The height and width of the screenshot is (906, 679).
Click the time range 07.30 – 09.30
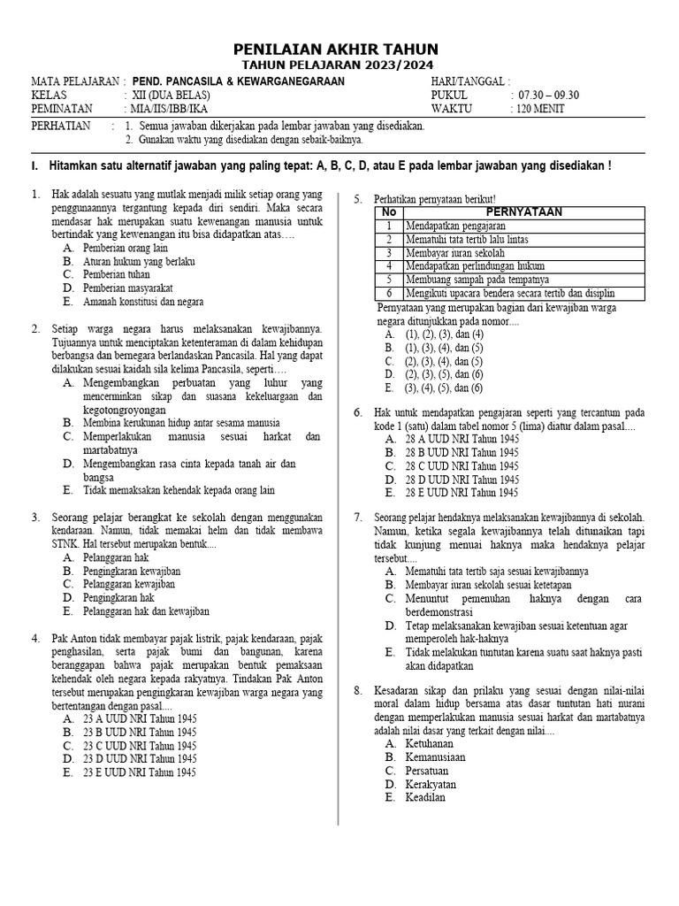pyautogui.click(x=548, y=95)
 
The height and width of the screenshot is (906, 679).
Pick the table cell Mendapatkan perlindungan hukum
pyautogui.click(x=475, y=265)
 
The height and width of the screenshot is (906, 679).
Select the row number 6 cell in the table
pyautogui.click(x=388, y=293)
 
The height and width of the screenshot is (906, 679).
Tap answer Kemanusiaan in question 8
pyautogui.click(x=435, y=757)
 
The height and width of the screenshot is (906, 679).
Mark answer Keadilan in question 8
pyautogui.click(x=425, y=797)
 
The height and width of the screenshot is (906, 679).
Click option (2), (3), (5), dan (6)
pyautogui.click(x=444, y=374)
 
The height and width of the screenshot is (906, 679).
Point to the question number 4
pyautogui.click(x=35, y=637)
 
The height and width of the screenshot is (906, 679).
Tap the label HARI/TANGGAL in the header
pyautogui.click(x=469, y=81)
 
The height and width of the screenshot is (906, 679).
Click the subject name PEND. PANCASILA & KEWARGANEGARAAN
pyautogui.click(x=239, y=81)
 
